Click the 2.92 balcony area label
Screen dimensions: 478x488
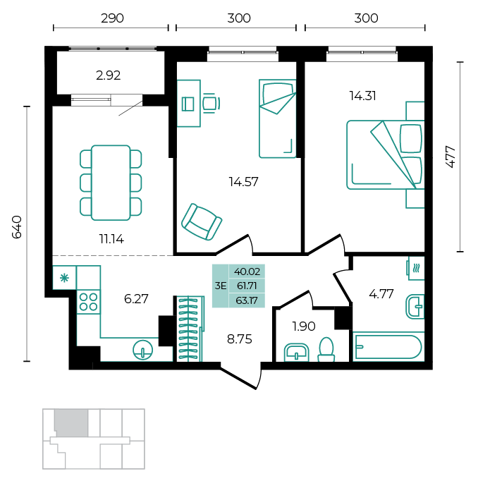click(x=108, y=75)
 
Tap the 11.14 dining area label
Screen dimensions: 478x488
click(x=111, y=239)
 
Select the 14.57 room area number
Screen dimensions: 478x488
click(x=243, y=182)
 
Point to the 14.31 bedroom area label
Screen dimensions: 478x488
click(x=362, y=96)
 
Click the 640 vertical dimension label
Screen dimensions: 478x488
click(x=17, y=227)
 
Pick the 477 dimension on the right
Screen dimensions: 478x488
click(x=451, y=157)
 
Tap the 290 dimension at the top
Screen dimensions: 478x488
click(x=112, y=18)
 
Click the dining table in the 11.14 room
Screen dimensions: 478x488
click(x=111, y=183)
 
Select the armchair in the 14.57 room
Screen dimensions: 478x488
click(x=202, y=222)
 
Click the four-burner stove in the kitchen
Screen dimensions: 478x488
click(x=88, y=302)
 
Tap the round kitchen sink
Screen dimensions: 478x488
click(x=143, y=350)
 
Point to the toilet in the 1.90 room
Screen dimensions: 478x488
click(x=326, y=350)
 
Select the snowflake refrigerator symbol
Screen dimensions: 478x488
click(x=64, y=278)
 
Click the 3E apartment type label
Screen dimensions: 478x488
click(x=221, y=286)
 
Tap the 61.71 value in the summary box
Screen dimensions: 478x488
click(x=247, y=286)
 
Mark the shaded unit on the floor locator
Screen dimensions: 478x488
click(x=72, y=422)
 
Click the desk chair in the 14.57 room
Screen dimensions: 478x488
click(x=212, y=103)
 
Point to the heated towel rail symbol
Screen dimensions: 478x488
click(x=416, y=268)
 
